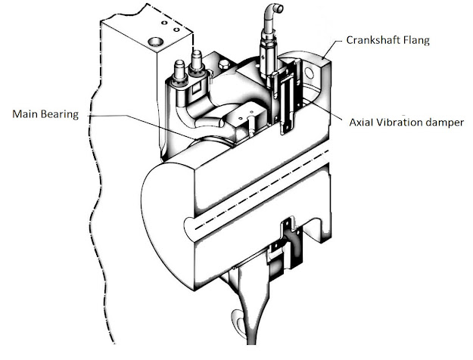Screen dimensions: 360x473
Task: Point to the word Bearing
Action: [x=65, y=115]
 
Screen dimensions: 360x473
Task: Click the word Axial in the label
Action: [x=365, y=122]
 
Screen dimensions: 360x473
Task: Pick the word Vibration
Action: [x=406, y=122]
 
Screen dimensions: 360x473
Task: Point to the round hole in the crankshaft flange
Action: [x=310, y=73]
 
